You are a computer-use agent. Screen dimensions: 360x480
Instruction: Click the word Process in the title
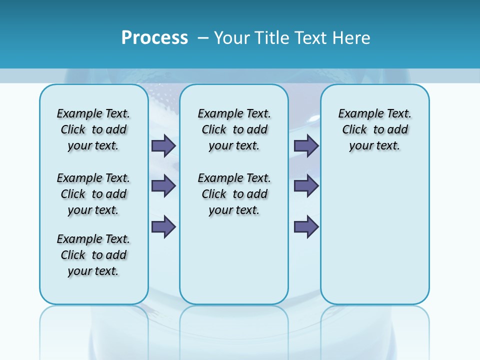coord(154,38)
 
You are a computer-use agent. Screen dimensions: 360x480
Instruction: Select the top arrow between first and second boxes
coord(163,145)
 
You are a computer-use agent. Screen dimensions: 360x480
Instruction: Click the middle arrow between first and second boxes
coord(163,186)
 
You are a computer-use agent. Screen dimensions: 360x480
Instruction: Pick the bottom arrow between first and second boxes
coord(163,227)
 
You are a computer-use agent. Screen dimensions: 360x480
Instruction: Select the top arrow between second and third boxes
coord(306,145)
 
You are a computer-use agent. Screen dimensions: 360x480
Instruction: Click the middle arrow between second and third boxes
coord(306,186)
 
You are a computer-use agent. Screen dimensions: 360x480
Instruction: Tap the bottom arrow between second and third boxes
coord(306,227)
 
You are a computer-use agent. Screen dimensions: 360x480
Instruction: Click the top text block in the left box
coord(93,129)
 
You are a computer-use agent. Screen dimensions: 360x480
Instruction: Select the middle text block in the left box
coord(93,194)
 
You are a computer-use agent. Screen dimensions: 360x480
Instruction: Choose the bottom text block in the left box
coord(93,255)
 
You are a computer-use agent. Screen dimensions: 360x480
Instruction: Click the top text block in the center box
coord(234,129)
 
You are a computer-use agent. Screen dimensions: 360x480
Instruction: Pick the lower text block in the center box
coord(234,194)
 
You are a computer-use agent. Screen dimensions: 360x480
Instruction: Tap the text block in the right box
coord(375,129)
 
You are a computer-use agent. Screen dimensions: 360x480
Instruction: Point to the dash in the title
coord(203,38)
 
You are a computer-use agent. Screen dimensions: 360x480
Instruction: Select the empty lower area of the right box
coord(375,235)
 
